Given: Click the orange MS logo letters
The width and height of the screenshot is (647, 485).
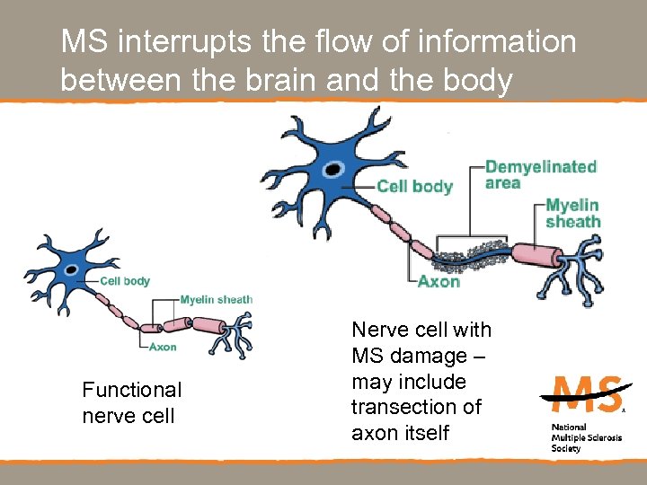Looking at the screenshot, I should point(584,393).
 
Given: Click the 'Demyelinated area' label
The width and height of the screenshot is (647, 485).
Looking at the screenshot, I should point(540,175).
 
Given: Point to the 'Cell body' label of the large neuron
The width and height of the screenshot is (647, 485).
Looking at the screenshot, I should point(414,187).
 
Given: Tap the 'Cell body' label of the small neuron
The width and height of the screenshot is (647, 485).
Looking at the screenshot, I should point(125,281).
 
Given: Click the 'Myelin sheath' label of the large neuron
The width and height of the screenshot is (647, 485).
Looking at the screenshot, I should point(572,213).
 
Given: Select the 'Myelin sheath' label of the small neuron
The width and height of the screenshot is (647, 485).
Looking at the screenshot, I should point(216,300).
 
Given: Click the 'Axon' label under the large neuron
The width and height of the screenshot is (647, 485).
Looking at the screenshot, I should point(439,281).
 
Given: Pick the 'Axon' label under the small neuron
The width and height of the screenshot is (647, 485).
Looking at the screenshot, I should point(162,347).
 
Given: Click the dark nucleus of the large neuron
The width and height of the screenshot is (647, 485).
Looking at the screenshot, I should point(333,168).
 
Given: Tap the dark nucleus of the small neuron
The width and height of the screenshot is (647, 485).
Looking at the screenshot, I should point(68,270).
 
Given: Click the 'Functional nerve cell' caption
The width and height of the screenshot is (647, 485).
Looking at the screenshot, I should point(131,402).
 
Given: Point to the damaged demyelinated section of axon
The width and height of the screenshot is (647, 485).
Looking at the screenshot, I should point(467,260).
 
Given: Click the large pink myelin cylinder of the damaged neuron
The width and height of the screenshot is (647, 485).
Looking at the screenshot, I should point(535,254).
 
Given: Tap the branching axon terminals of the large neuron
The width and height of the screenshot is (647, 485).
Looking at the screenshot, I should point(575,269).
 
